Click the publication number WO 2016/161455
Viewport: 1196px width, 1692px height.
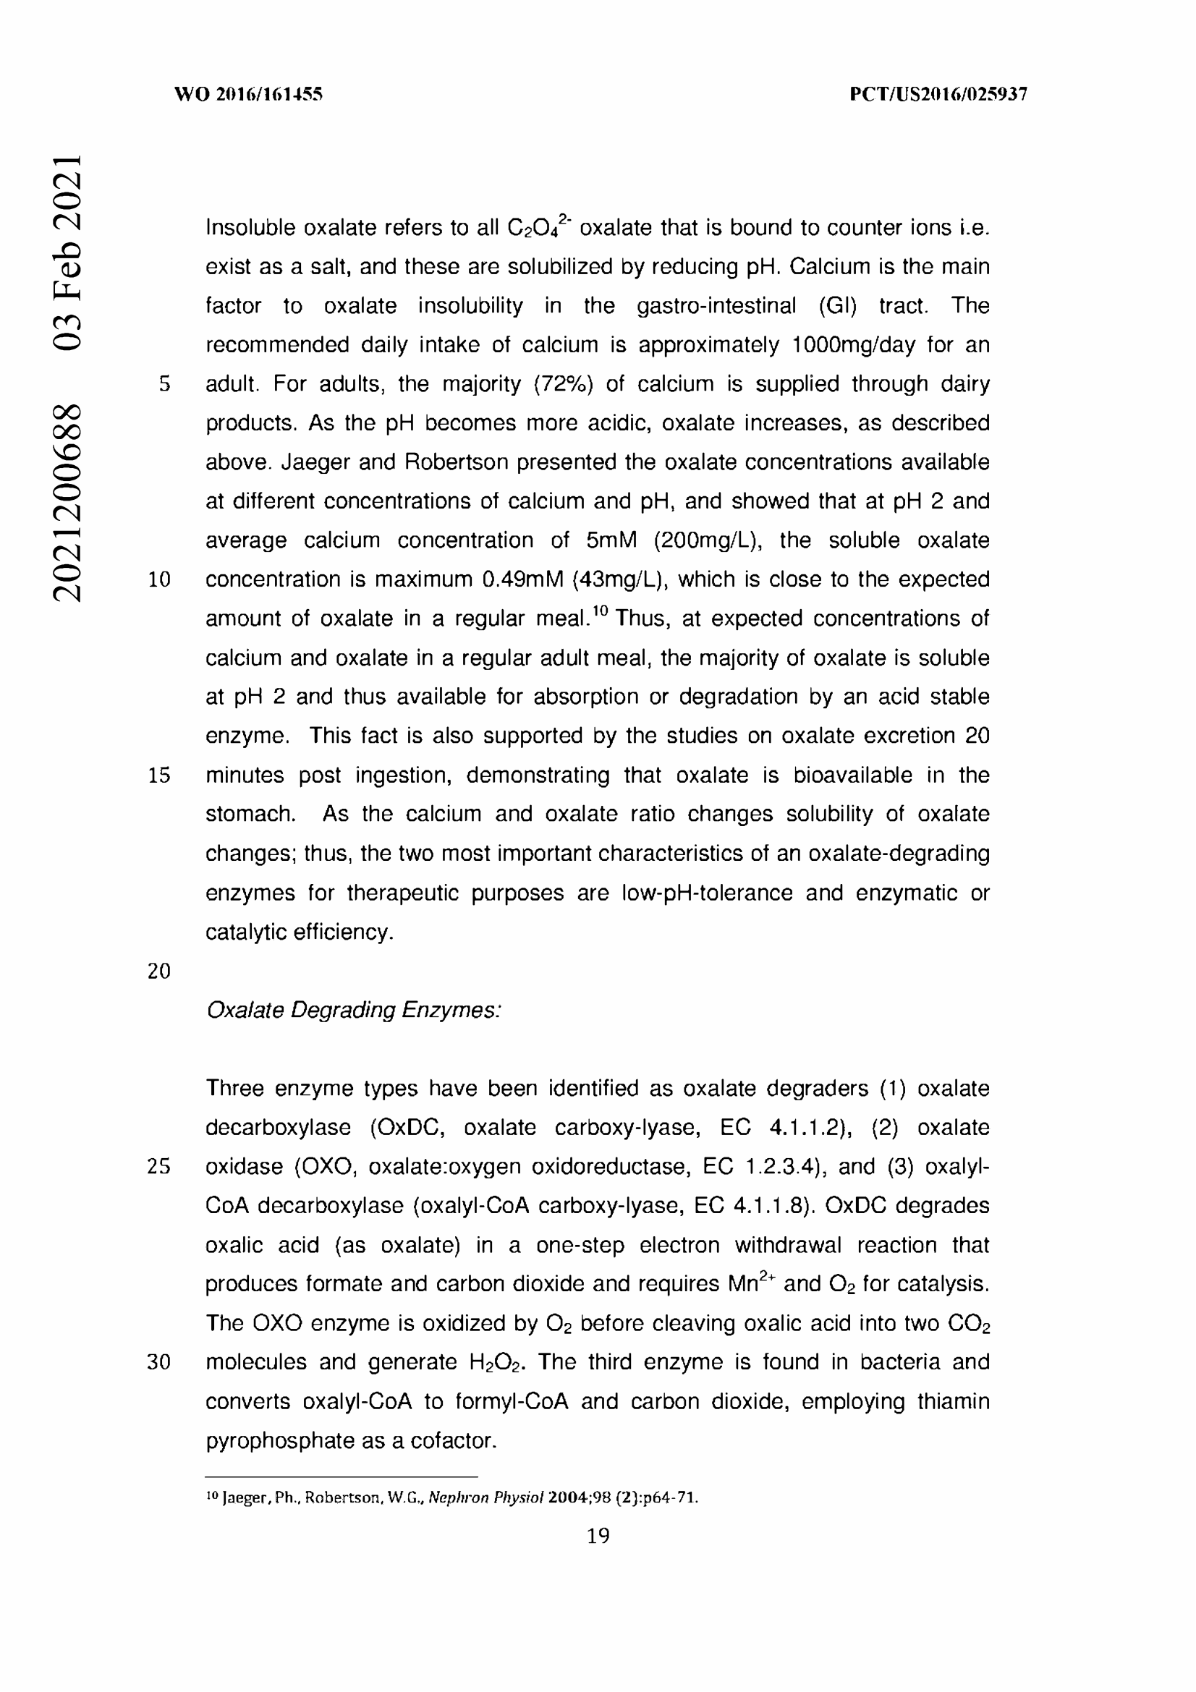(x=248, y=94)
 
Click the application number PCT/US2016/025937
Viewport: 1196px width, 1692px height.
(x=938, y=94)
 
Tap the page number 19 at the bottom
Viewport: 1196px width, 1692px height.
(x=598, y=1536)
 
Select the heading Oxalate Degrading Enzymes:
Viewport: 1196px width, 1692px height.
(x=354, y=1010)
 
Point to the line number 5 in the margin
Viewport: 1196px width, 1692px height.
(x=164, y=384)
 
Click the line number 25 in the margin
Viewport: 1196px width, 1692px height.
(x=159, y=1167)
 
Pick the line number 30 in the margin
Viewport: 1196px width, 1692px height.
(x=159, y=1362)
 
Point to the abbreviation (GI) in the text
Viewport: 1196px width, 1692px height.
(x=838, y=306)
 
